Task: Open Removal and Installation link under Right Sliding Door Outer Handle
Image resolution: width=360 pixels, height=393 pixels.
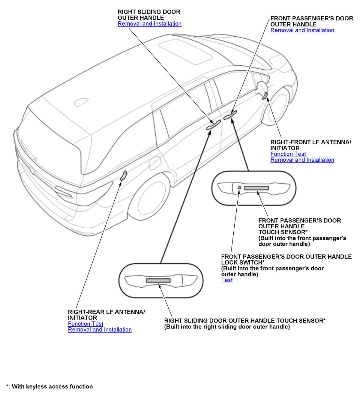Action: [x=149, y=24]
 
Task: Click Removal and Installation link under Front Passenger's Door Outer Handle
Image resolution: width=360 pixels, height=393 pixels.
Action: [x=302, y=30]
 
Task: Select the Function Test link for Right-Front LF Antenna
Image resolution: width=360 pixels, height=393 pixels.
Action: [x=288, y=154]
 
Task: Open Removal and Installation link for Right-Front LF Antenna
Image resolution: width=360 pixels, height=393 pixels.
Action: [x=302, y=160]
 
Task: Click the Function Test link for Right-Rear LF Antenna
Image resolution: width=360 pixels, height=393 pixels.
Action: [x=85, y=324]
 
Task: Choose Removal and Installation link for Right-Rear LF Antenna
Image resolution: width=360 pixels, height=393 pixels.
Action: [x=100, y=330]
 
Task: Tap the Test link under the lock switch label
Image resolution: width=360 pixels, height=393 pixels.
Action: [x=227, y=280]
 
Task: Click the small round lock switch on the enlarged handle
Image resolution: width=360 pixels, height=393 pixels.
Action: [x=239, y=187]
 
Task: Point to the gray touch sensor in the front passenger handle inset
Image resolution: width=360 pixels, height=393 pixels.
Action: [x=256, y=188]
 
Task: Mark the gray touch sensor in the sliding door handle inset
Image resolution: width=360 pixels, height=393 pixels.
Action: [x=158, y=280]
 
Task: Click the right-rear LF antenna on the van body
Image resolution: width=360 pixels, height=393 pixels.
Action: [x=123, y=176]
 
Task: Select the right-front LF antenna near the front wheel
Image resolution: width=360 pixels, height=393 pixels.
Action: [x=265, y=96]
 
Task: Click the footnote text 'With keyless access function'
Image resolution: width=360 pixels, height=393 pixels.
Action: [x=52, y=386]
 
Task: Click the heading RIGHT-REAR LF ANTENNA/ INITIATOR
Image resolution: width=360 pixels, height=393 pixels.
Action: [x=106, y=315]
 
